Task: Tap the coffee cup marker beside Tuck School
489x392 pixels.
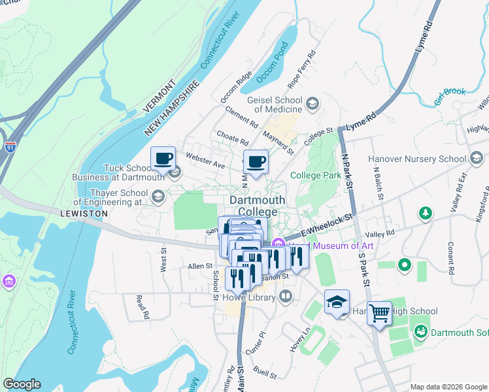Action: pos(163,158)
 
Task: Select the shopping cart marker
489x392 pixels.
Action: pos(379,314)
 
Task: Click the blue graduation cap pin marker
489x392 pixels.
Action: pos(337,302)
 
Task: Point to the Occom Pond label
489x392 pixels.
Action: pos(272,63)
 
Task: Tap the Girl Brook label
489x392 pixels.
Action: pos(450,97)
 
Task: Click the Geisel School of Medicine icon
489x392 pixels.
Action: pos(312,104)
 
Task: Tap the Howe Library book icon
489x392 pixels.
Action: pos(285,297)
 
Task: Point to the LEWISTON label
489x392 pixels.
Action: pos(83,214)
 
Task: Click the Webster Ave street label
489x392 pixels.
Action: pos(205,160)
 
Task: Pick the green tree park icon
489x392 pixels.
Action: pos(426,213)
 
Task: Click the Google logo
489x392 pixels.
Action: pos(22,384)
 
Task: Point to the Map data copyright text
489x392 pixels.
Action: pos(448,387)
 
